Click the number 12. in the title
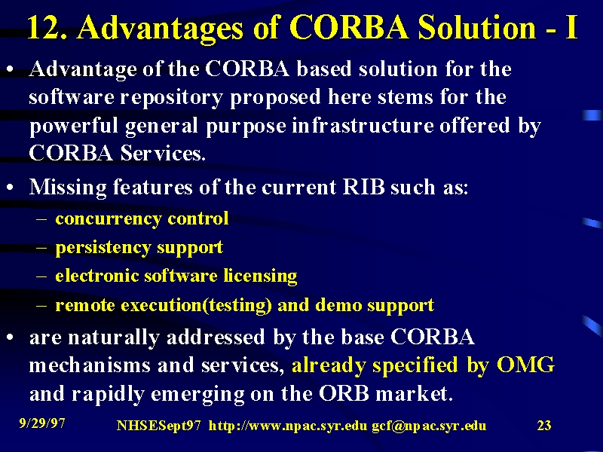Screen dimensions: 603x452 click(x=47, y=27)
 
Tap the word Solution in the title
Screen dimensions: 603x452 click(x=477, y=27)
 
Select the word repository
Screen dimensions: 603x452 click(x=172, y=98)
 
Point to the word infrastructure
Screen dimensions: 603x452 click(x=362, y=125)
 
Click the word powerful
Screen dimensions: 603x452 click(x=74, y=127)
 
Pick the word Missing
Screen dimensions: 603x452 click(x=68, y=188)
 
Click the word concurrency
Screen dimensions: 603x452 click(x=109, y=219)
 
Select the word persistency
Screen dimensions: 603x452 click(x=103, y=248)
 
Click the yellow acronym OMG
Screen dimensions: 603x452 click(x=525, y=365)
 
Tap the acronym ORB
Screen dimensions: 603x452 click(x=344, y=393)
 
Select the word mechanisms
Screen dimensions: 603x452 click(x=90, y=365)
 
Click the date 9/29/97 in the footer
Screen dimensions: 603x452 click(x=42, y=423)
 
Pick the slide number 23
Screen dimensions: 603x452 click(x=543, y=426)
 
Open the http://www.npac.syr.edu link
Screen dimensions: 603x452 click(x=288, y=426)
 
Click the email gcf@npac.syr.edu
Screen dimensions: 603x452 click(x=429, y=426)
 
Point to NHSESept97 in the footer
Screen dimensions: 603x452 click(x=158, y=426)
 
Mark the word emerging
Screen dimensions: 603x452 click(x=197, y=394)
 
